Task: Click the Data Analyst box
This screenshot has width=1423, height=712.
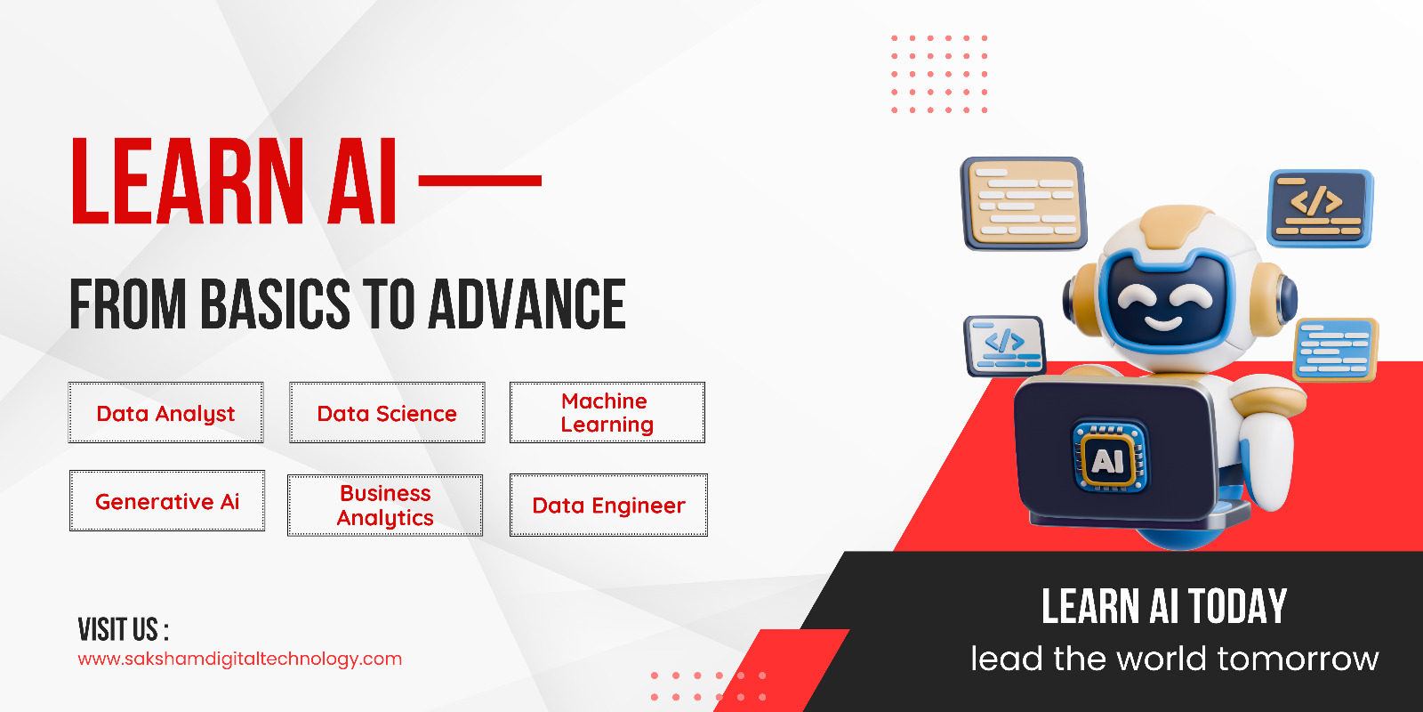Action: [165, 413]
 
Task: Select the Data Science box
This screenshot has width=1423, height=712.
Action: [387, 413]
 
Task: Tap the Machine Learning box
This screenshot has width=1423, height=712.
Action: [607, 413]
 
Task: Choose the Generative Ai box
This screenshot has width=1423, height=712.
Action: [167, 500]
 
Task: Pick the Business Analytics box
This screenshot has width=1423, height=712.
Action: [385, 506]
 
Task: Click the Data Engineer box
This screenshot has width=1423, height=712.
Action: [608, 505]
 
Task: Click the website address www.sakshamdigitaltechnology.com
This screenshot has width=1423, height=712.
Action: [239, 659]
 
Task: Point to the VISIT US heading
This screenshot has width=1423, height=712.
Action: [124, 629]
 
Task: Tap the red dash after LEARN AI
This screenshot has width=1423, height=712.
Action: [479, 181]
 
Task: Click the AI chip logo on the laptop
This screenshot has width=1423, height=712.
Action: [1110, 457]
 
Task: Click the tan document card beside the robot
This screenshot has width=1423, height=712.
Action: [1024, 204]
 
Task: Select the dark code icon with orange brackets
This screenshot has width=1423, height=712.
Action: [1320, 208]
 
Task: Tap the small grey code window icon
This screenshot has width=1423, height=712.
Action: [1004, 346]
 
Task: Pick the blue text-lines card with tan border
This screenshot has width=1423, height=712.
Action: [1335, 350]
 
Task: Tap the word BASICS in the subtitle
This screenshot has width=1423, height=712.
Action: [276, 304]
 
